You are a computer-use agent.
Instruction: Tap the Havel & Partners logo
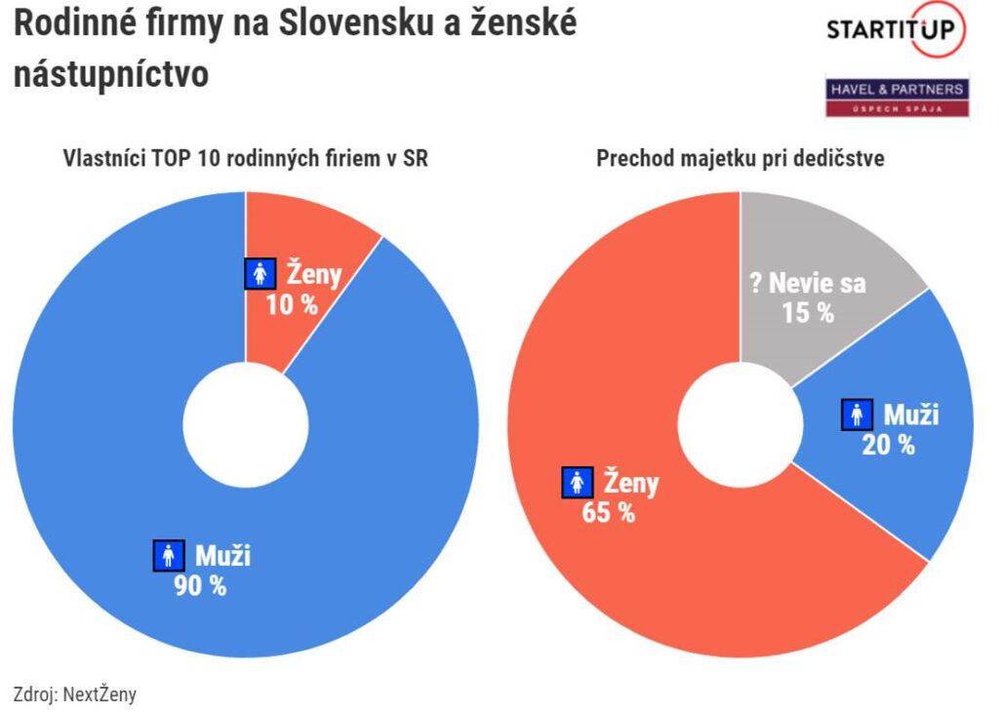point(897,97)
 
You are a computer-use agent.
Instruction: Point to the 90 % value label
point(200,586)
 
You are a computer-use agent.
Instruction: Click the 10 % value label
point(292,304)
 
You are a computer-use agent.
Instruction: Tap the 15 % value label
point(808,313)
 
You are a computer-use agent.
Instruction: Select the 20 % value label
point(888,445)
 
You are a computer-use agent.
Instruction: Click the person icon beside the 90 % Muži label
point(169,556)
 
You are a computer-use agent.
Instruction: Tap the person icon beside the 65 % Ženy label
point(578,482)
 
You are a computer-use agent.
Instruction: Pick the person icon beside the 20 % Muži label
point(857,416)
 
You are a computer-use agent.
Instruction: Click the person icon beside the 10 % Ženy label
point(260,274)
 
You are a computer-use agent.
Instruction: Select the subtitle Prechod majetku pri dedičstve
point(740,158)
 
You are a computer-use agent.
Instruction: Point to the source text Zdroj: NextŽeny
point(75,694)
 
